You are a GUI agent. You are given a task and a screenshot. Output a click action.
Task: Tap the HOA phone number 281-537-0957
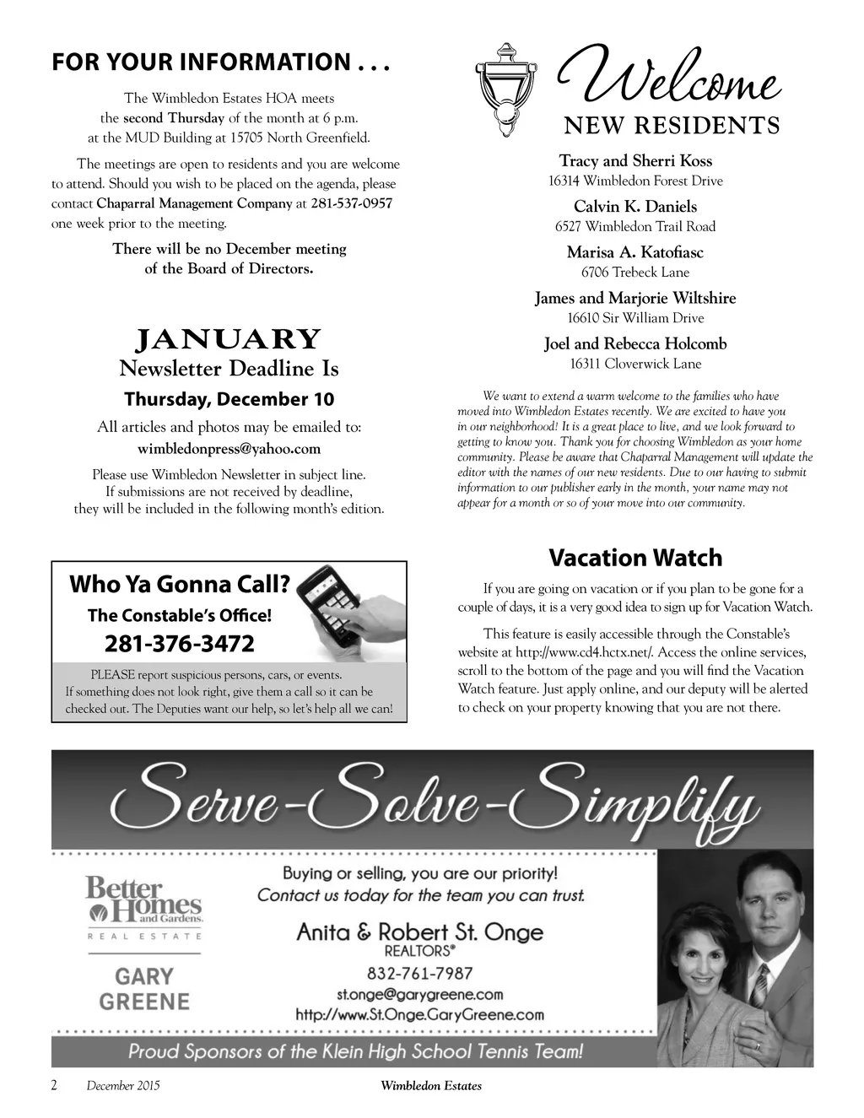[352, 203]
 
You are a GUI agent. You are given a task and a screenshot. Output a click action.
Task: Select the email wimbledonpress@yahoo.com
[229, 449]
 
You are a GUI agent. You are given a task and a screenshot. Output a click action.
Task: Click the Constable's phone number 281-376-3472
[179, 644]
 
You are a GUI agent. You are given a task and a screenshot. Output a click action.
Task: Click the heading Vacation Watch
[635, 558]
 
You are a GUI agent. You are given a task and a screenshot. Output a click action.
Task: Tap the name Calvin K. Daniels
[635, 207]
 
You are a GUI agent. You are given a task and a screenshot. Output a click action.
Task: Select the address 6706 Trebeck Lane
[635, 273]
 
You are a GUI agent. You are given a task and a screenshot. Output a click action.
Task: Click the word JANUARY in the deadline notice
[229, 339]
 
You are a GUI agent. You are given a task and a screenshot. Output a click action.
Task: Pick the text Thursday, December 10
[229, 399]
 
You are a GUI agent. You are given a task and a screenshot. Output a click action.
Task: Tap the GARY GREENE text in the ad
[144, 989]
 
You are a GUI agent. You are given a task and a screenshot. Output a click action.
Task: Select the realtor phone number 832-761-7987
[419, 974]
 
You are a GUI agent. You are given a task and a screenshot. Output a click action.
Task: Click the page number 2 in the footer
[55, 1086]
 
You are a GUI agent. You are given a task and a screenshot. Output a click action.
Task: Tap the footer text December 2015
[122, 1086]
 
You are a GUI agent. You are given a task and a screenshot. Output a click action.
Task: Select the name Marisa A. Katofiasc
[635, 252]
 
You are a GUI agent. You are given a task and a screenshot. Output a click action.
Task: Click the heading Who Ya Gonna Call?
[180, 584]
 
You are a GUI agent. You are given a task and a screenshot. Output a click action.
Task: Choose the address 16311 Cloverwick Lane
[635, 364]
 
